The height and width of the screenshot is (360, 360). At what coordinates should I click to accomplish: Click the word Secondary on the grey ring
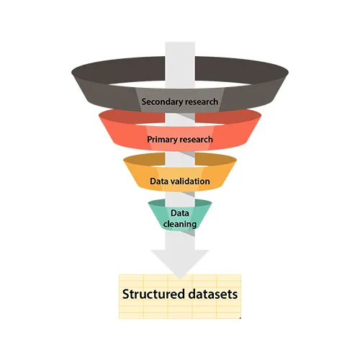pos(162,102)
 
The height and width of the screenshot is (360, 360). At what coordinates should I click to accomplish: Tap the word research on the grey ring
pos(202,102)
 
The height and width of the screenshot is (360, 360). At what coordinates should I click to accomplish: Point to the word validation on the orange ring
pos(190,181)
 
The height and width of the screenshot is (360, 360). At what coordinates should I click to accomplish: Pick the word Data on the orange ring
pos(159,181)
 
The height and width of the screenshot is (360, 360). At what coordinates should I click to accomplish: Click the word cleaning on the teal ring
pos(180,224)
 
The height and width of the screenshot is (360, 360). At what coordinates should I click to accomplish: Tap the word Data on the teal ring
pos(180,213)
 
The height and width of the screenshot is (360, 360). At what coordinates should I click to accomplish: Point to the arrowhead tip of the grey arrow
pos(180,279)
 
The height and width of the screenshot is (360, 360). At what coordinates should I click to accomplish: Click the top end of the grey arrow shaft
pos(180,42)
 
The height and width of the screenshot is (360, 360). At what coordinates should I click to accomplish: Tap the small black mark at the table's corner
pos(240,318)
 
